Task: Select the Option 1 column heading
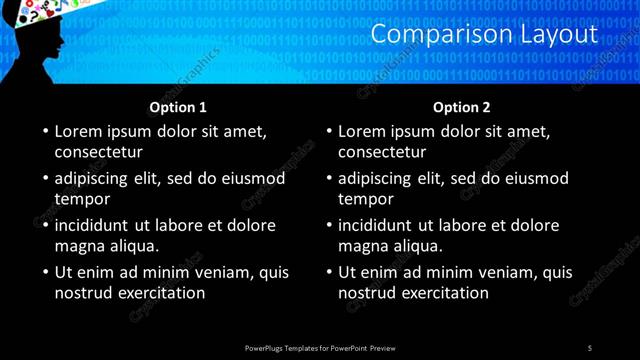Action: click(x=178, y=107)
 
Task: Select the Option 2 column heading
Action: click(x=462, y=107)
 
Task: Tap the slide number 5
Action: click(x=590, y=347)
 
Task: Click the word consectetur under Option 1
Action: click(x=98, y=152)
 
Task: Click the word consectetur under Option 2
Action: click(x=382, y=152)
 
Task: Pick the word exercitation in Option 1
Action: click(x=161, y=293)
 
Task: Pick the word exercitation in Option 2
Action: click(x=445, y=293)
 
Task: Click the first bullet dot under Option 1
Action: click(x=44, y=131)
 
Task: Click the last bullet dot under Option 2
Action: click(x=328, y=272)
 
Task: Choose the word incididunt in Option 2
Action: click(x=376, y=225)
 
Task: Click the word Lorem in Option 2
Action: click(x=362, y=131)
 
